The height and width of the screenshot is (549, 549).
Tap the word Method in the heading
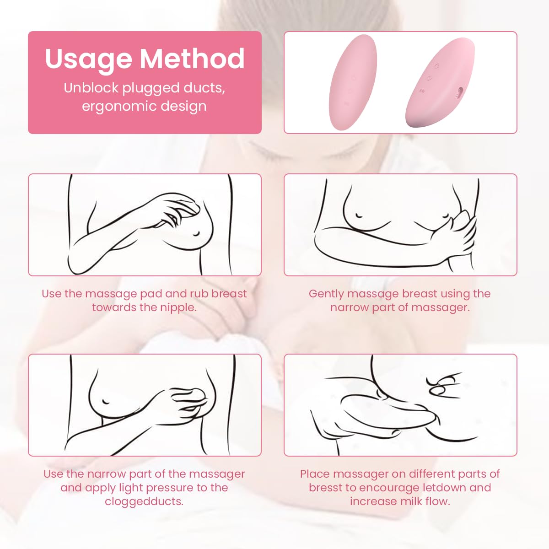point(192,59)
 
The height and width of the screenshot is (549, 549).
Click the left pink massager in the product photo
point(353,82)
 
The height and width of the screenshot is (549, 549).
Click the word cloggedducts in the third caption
point(144,501)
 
